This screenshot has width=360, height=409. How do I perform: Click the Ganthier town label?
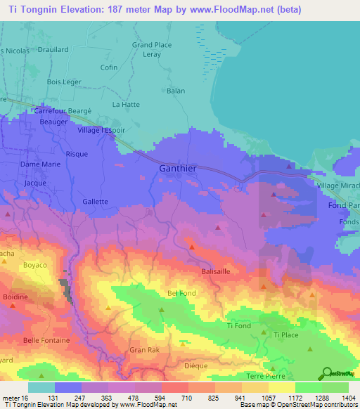(178, 169)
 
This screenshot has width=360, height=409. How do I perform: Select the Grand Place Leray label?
(152, 49)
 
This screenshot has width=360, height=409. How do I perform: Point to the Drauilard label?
(53, 50)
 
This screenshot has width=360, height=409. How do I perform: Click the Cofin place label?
(109, 67)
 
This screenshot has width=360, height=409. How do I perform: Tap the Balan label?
(176, 91)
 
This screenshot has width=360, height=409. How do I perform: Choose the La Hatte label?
(127, 104)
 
